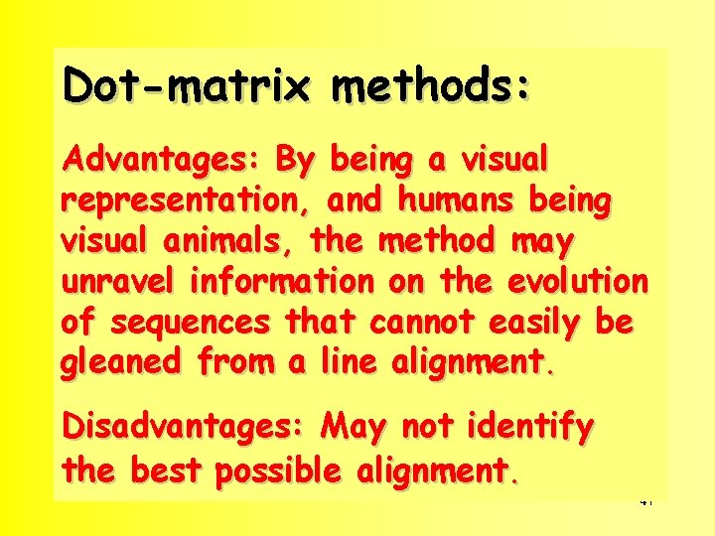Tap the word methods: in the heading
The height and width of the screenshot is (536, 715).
click(431, 85)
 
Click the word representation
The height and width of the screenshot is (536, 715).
click(185, 201)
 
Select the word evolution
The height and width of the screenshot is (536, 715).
click(577, 282)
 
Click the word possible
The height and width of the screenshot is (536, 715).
click(279, 469)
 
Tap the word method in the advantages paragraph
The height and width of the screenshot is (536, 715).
click(437, 241)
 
